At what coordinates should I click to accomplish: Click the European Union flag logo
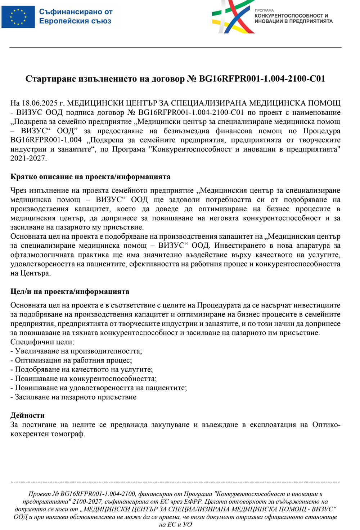click(x=18, y=17)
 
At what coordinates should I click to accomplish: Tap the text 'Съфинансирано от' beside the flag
click(x=76, y=12)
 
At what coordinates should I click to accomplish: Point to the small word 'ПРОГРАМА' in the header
click(x=264, y=10)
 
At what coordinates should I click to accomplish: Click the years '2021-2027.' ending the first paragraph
click(x=28, y=158)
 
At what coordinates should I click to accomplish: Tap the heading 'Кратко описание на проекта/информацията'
click(x=90, y=177)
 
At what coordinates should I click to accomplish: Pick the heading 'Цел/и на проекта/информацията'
click(x=70, y=292)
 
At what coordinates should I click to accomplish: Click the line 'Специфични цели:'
click(x=42, y=342)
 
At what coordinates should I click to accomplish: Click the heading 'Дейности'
click(x=27, y=415)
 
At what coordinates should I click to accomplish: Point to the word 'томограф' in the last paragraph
click(x=68, y=434)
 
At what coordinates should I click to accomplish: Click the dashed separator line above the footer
click(x=175, y=482)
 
